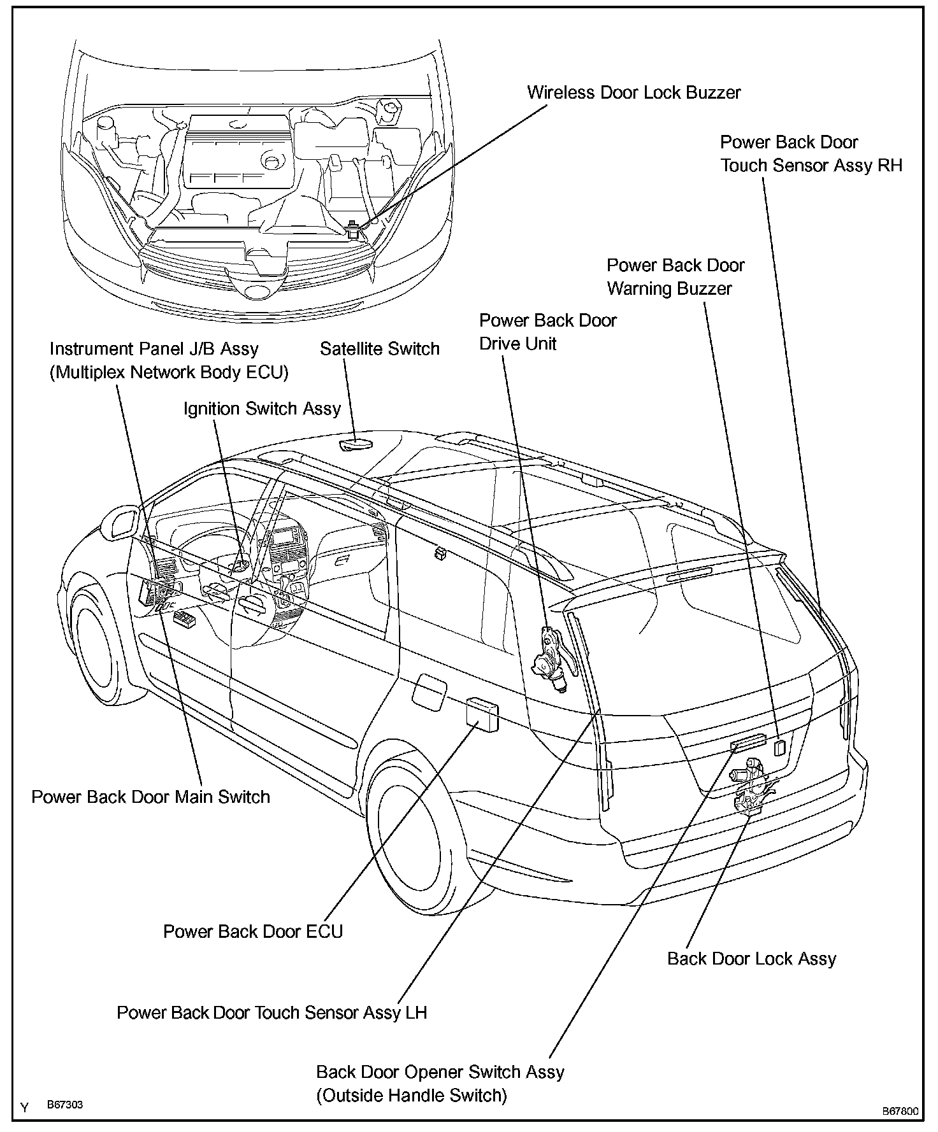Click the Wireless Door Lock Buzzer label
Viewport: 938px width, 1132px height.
pos(633,93)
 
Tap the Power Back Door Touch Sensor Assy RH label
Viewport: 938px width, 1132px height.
pos(811,154)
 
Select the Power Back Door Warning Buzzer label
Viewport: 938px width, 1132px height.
pos(675,277)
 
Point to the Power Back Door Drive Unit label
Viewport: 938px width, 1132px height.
pos(547,332)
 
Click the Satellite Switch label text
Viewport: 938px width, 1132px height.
pos(379,349)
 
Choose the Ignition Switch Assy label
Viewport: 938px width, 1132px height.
pos(262,409)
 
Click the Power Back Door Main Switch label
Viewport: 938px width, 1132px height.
pos(150,797)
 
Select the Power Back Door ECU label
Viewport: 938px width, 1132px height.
pos(253,931)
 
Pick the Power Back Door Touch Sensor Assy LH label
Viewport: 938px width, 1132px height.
pos(271,1012)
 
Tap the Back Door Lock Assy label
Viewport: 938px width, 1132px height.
pos(751,959)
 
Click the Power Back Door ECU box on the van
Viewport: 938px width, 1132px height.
pos(482,711)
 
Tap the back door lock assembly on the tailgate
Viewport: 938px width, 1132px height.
pos(749,787)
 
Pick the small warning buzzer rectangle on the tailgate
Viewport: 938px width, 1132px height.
pos(779,747)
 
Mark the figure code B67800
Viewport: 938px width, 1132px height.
pos(900,1112)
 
